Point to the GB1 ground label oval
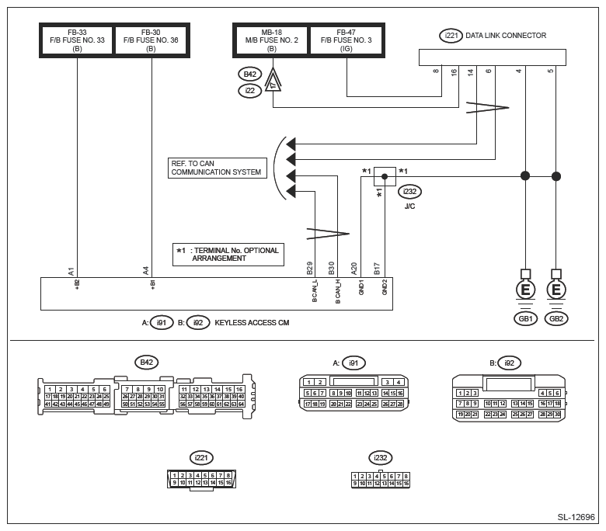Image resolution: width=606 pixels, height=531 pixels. pyautogui.click(x=525, y=319)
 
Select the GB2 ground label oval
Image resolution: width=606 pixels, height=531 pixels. pyautogui.click(x=556, y=319)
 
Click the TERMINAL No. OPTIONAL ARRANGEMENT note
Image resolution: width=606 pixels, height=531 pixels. pyautogui.click(x=227, y=254)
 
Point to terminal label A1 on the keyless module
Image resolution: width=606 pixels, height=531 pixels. pyautogui.click(x=71, y=271)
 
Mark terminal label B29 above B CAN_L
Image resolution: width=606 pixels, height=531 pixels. pyautogui.click(x=310, y=269)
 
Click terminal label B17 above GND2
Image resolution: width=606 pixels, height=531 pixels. pyautogui.click(x=377, y=269)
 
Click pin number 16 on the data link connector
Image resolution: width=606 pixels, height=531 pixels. pyautogui.click(x=454, y=71)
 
